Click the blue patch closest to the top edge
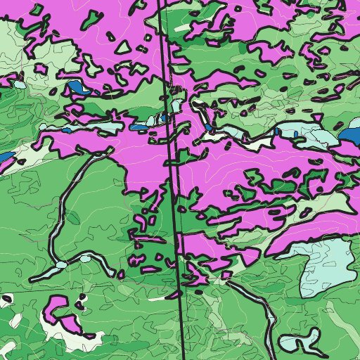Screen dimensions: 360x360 [79, 89]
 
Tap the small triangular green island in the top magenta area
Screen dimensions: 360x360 [123, 48]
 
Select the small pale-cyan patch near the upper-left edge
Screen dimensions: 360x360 [20, 84]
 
